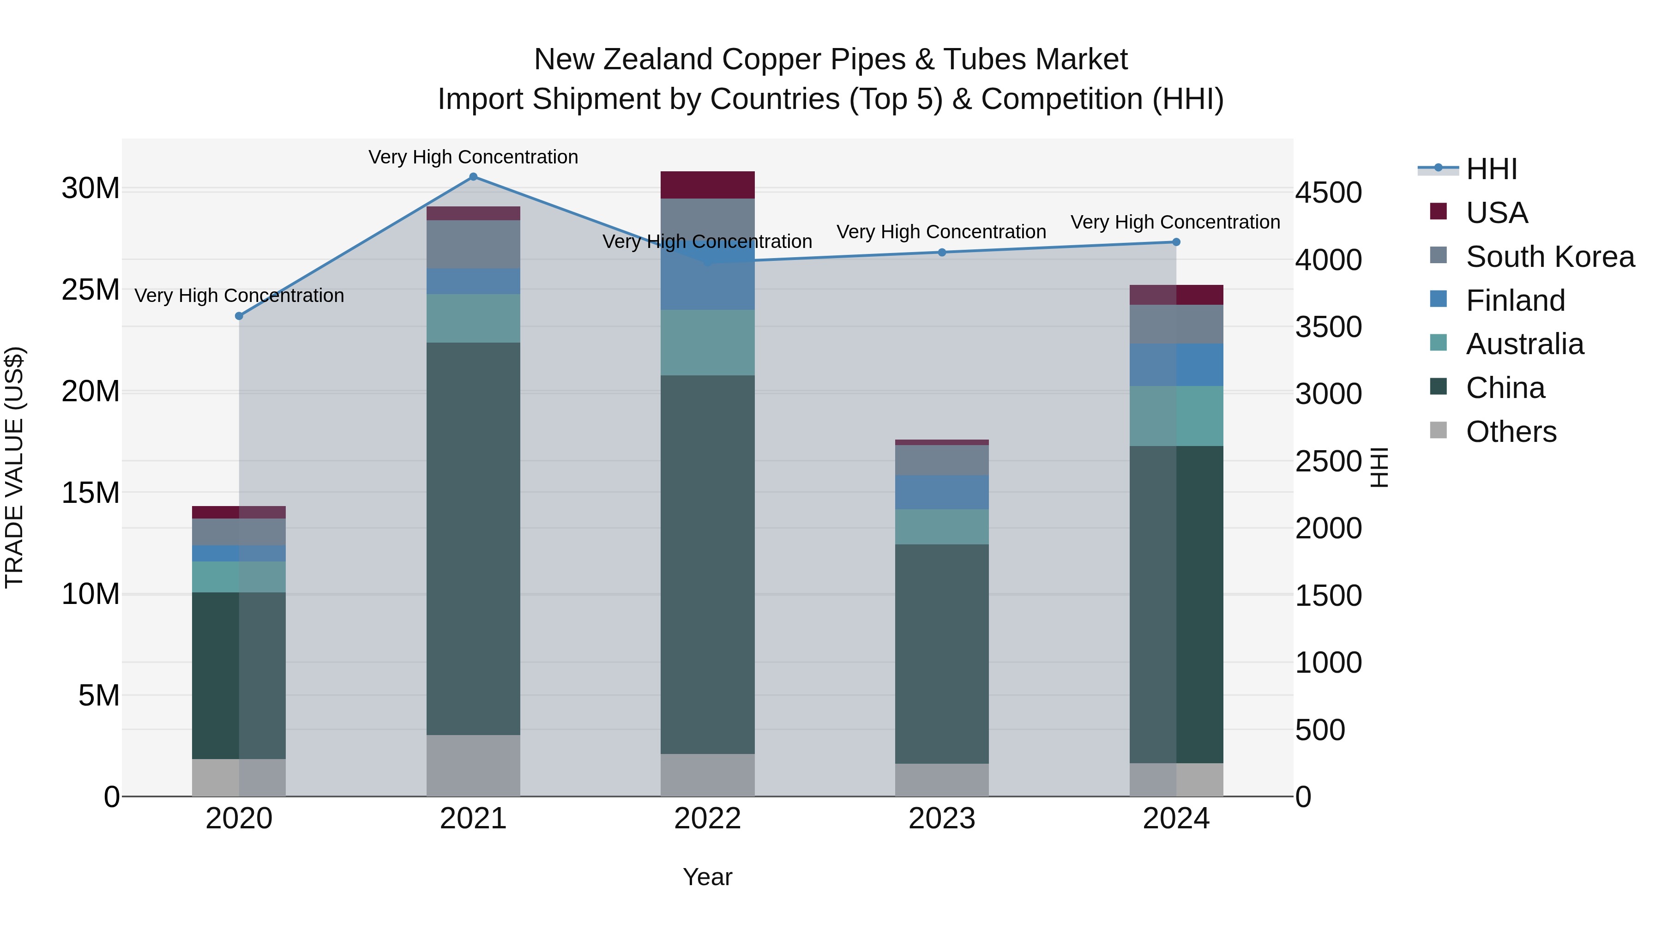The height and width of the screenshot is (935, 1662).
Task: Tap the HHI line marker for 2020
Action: coord(239,316)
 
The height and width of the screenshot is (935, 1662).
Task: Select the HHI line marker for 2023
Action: coord(941,252)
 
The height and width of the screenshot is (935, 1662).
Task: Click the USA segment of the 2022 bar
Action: coord(707,185)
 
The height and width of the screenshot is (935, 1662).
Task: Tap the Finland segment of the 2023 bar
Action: coord(941,492)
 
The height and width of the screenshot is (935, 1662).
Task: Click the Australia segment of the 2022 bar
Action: coord(707,343)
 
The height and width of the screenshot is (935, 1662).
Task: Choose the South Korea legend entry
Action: coord(1550,257)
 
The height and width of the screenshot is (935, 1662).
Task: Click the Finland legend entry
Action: coord(1515,301)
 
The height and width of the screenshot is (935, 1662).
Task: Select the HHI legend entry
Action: coord(1491,169)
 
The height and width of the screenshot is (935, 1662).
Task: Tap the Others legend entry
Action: coord(1511,432)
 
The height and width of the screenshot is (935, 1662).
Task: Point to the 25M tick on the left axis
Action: coord(90,290)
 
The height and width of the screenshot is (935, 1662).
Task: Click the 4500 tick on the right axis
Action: coord(1328,193)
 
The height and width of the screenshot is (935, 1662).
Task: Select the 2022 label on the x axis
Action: coord(707,819)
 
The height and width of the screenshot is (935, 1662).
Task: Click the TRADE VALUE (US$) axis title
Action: coord(14,467)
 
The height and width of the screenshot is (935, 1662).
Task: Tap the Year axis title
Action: coord(707,877)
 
